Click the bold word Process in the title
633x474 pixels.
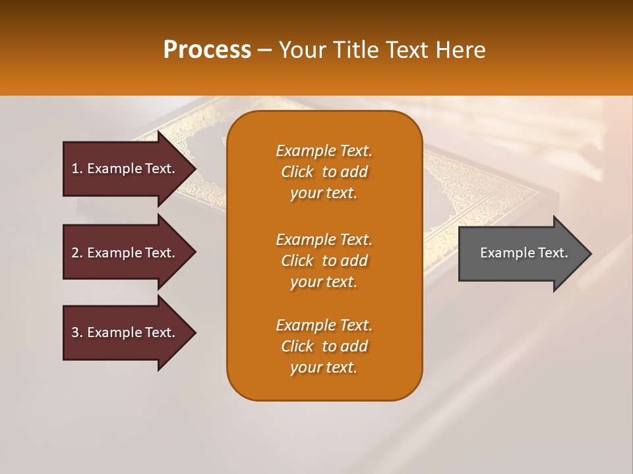[207, 50]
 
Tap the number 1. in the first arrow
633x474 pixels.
[77, 169]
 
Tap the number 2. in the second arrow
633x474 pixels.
[77, 253]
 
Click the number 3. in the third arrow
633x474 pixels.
[77, 332]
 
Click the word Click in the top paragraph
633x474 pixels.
[297, 172]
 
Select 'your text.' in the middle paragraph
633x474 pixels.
[324, 282]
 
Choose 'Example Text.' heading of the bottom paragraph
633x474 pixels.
[324, 325]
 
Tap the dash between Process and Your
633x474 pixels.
[265, 50]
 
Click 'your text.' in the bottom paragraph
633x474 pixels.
[324, 367]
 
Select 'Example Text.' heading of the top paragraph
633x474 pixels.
[324, 151]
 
